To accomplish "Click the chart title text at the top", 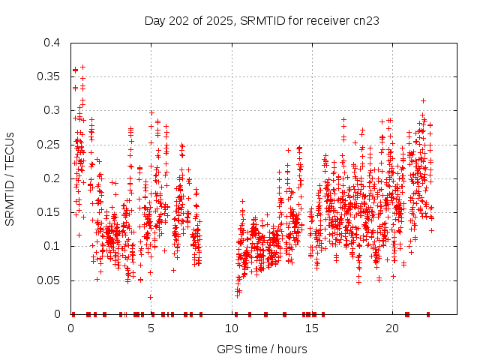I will pos(262,20).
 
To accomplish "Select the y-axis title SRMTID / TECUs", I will pos(10,178).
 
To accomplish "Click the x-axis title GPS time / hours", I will pos(262,349).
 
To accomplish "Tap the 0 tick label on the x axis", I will pos(70,328).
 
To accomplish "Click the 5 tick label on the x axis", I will pos(151,328).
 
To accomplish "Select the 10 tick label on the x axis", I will pos(232,328).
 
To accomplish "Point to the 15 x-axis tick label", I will pos(312,328).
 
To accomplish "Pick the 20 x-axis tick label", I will pos(392,328).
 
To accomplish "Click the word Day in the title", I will pos(154,20).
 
